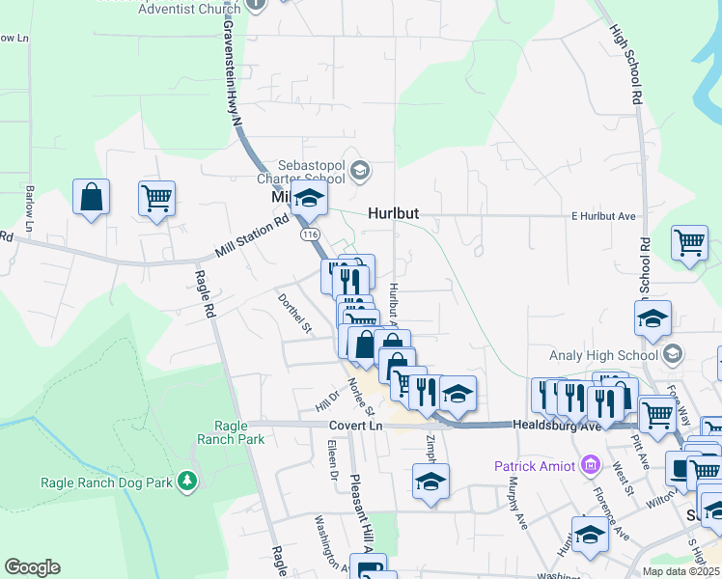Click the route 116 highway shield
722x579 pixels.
pyautogui.click(x=309, y=234)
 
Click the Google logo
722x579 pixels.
pyautogui.click(x=32, y=567)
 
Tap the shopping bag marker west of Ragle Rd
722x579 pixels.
pyautogui.click(x=91, y=198)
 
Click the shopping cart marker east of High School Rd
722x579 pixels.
pyautogui.click(x=689, y=244)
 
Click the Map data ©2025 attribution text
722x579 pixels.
pyautogui.click(x=680, y=571)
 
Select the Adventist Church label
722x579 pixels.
pyautogui.click(x=188, y=8)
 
